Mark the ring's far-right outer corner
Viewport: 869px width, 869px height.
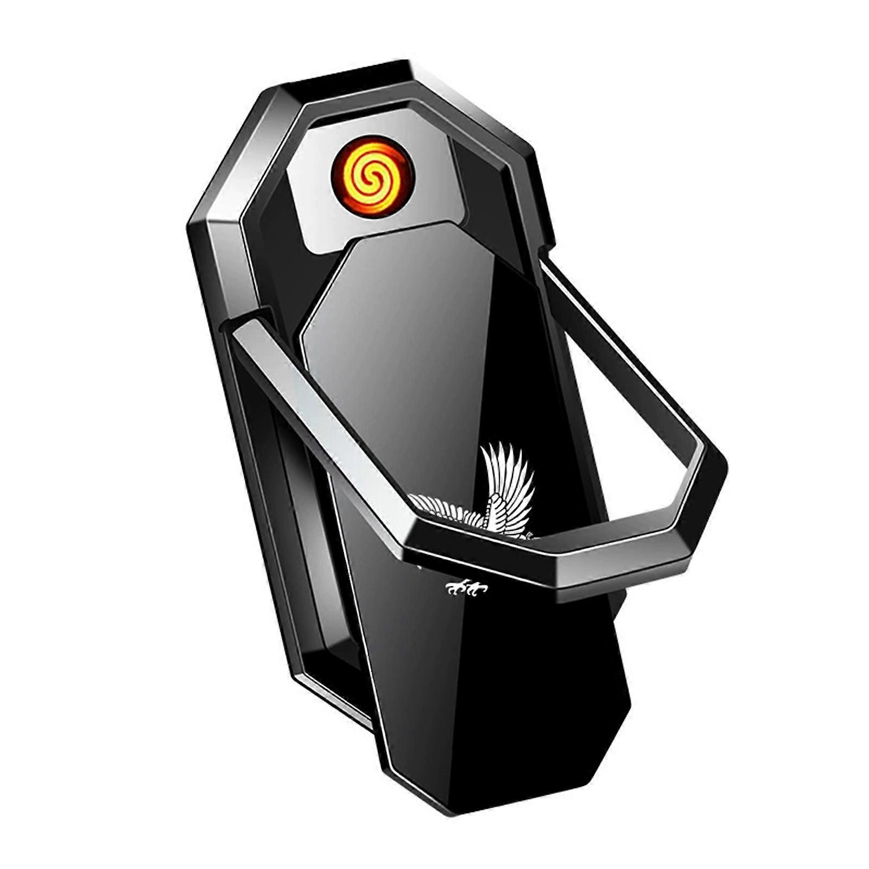tap(722, 467)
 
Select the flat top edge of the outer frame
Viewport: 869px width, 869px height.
tap(347, 73)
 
